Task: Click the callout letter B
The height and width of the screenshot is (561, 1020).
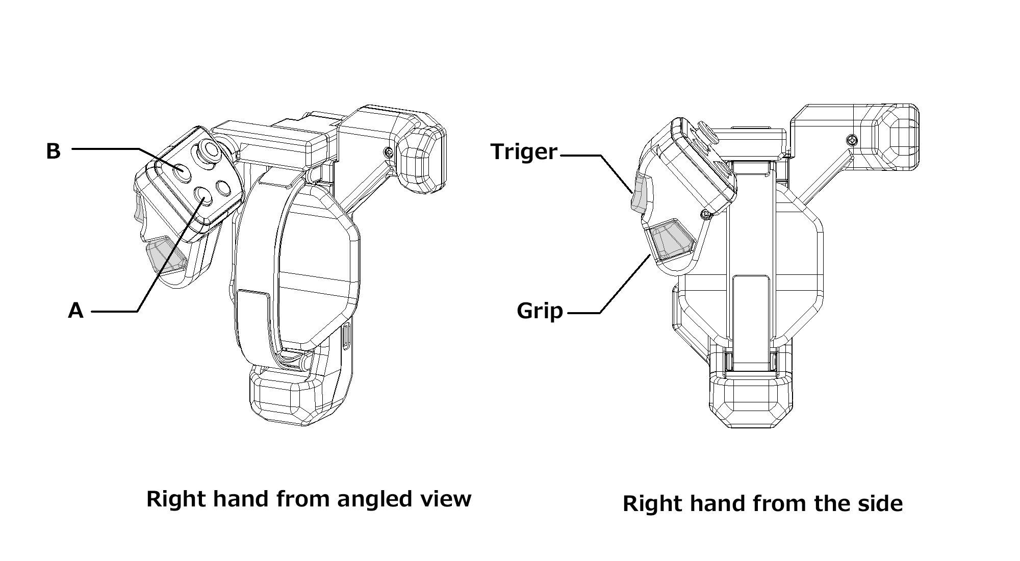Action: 53,151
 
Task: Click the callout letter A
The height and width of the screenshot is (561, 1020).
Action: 75,310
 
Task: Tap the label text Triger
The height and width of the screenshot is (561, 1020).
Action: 524,151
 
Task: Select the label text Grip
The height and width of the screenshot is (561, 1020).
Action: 540,311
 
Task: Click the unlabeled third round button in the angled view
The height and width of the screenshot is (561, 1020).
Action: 223,188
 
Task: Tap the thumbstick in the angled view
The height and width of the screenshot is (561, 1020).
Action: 209,150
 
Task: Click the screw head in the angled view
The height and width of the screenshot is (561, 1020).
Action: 389,151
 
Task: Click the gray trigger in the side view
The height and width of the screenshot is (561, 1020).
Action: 639,194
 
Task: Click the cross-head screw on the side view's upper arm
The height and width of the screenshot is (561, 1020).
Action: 851,139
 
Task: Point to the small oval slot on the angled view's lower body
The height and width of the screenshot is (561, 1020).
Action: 347,337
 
